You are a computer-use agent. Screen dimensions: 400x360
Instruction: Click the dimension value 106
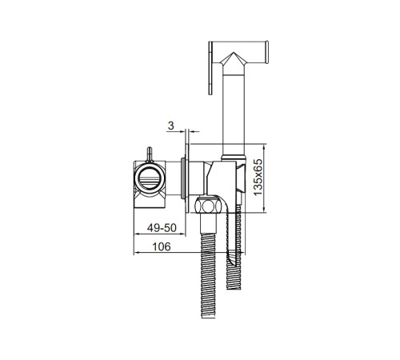(162, 246)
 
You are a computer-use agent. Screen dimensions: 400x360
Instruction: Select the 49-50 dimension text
(162, 228)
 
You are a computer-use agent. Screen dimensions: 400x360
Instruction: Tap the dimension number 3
(171, 126)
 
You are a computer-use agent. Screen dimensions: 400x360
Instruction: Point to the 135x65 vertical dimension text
(258, 178)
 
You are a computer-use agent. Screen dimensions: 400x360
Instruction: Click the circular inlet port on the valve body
(150, 178)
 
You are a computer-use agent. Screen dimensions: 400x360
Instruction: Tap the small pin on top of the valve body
(150, 154)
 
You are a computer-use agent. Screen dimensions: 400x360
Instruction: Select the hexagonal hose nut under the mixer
(208, 206)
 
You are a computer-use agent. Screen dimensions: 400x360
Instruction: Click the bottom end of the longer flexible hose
(208, 317)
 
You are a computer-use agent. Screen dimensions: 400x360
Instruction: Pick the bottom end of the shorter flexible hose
(234, 288)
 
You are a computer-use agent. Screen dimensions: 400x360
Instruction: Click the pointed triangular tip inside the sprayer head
(234, 53)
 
